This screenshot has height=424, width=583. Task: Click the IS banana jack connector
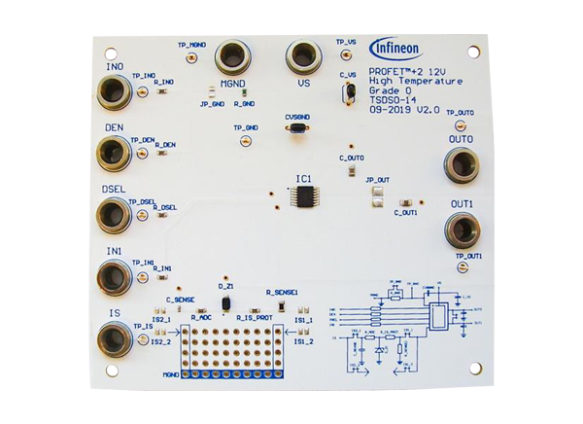(x=116, y=338)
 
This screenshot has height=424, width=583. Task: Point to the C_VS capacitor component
(x=346, y=93)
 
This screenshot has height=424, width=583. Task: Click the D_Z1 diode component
(x=225, y=303)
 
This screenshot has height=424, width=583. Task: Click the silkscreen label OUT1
(x=461, y=203)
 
